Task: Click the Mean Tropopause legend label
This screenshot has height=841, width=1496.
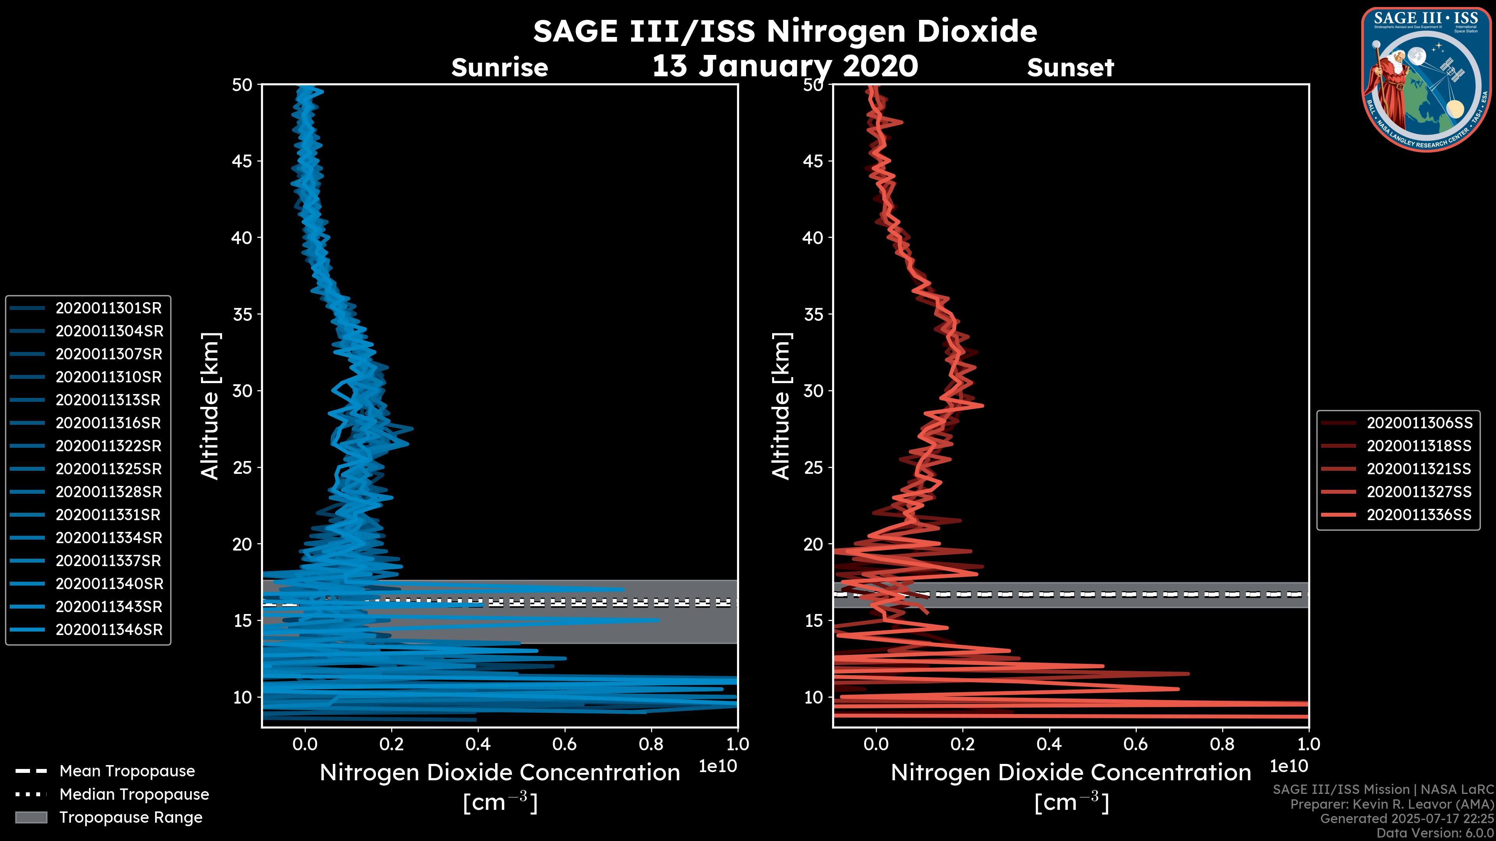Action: (x=127, y=771)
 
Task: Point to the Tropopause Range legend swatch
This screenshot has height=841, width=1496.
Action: (x=31, y=817)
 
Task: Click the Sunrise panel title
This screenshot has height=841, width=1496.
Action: (x=499, y=68)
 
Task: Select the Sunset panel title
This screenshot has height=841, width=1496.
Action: (x=1070, y=68)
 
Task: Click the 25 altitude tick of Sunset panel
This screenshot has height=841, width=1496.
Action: (x=813, y=467)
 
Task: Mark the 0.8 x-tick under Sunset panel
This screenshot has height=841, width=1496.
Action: (x=1222, y=744)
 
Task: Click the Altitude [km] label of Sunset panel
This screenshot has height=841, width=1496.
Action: (x=782, y=406)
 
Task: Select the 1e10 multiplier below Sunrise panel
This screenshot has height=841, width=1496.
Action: (x=718, y=766)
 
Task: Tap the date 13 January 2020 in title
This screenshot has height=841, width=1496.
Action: (x=785, y=66)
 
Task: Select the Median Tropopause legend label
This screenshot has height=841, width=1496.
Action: (x=134, y=794)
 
